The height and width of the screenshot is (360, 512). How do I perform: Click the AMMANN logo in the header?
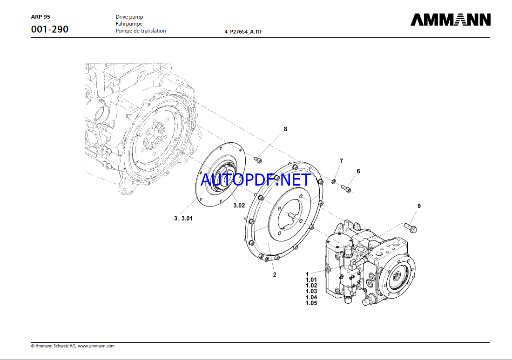450,20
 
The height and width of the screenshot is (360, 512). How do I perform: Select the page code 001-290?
50,29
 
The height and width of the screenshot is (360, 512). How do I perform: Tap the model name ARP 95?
40,16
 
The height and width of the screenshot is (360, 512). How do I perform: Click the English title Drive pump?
129,17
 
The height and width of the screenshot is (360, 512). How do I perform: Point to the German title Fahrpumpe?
129,24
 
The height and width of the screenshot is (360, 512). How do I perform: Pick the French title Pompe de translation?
141,31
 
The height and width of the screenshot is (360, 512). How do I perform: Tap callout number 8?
285,129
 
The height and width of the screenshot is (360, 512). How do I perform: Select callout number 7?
341,161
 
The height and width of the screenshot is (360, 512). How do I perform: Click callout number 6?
358,171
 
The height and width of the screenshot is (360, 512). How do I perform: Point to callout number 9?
419,206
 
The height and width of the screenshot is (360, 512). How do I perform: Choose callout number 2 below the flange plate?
275,274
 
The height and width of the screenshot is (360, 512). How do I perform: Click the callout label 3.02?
239,205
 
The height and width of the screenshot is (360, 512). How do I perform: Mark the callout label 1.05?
311,303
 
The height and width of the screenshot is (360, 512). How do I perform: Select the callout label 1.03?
311,292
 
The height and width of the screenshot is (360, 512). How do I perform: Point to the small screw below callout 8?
259,160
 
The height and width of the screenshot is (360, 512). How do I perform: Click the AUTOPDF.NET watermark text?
256,180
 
